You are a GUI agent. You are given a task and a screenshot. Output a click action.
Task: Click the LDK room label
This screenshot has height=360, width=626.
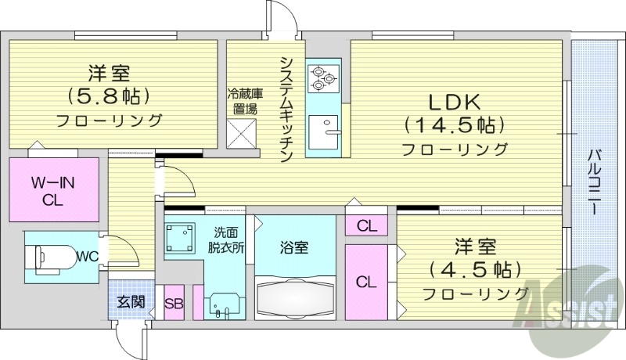(454, 102)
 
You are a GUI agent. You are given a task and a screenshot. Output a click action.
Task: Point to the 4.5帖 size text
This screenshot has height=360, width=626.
(475, 270)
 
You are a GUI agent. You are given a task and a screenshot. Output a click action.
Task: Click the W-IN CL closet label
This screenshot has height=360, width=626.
(53, 192)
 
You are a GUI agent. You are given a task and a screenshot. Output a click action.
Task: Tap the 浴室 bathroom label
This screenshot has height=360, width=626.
(295, 248)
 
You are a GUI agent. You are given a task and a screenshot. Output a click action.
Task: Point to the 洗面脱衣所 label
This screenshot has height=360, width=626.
(226, 239)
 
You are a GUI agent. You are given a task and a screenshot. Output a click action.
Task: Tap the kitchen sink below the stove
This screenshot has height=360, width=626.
(322, 129)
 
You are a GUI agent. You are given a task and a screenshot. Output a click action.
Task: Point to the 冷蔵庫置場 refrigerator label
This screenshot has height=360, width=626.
(245, 103)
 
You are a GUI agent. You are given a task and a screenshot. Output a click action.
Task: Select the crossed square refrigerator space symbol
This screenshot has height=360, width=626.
(243, 135)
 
